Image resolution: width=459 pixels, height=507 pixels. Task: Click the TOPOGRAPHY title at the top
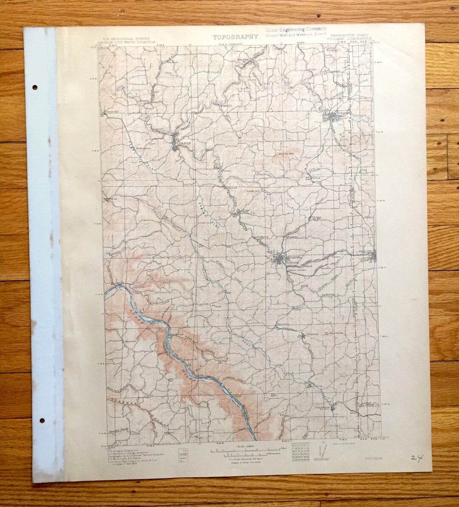[235, 36]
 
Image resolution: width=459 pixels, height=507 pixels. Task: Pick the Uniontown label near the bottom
[322, 408]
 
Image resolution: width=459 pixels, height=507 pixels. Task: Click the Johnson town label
[312, 334]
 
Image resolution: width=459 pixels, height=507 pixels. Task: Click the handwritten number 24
[417, 458]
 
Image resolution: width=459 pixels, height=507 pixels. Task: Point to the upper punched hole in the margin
[34, 88]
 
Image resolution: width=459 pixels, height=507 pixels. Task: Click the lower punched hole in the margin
[41, 420]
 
